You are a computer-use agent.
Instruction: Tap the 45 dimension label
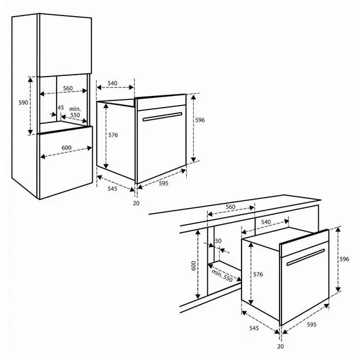pyautogui.click(x=61, y=108)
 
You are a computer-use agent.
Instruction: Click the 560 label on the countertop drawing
pyautogui.click(x=231, y=207)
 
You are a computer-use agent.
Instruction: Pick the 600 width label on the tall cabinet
pyautogui.click(x=66, y=147)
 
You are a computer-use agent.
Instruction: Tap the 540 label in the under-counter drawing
pyautogui.click(x=266, y=222)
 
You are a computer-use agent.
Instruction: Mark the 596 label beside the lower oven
pyautogui.click(x=345, y=259)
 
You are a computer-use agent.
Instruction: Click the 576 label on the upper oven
pyautogui.click(x=113, y=135)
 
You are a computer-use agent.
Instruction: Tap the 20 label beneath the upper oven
pyautogui.click(x=135, y=203)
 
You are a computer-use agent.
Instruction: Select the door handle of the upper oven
pyautogui.click(x=164, y=117)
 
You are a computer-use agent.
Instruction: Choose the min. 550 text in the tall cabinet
pyautogui.click(x=75, y=113)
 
